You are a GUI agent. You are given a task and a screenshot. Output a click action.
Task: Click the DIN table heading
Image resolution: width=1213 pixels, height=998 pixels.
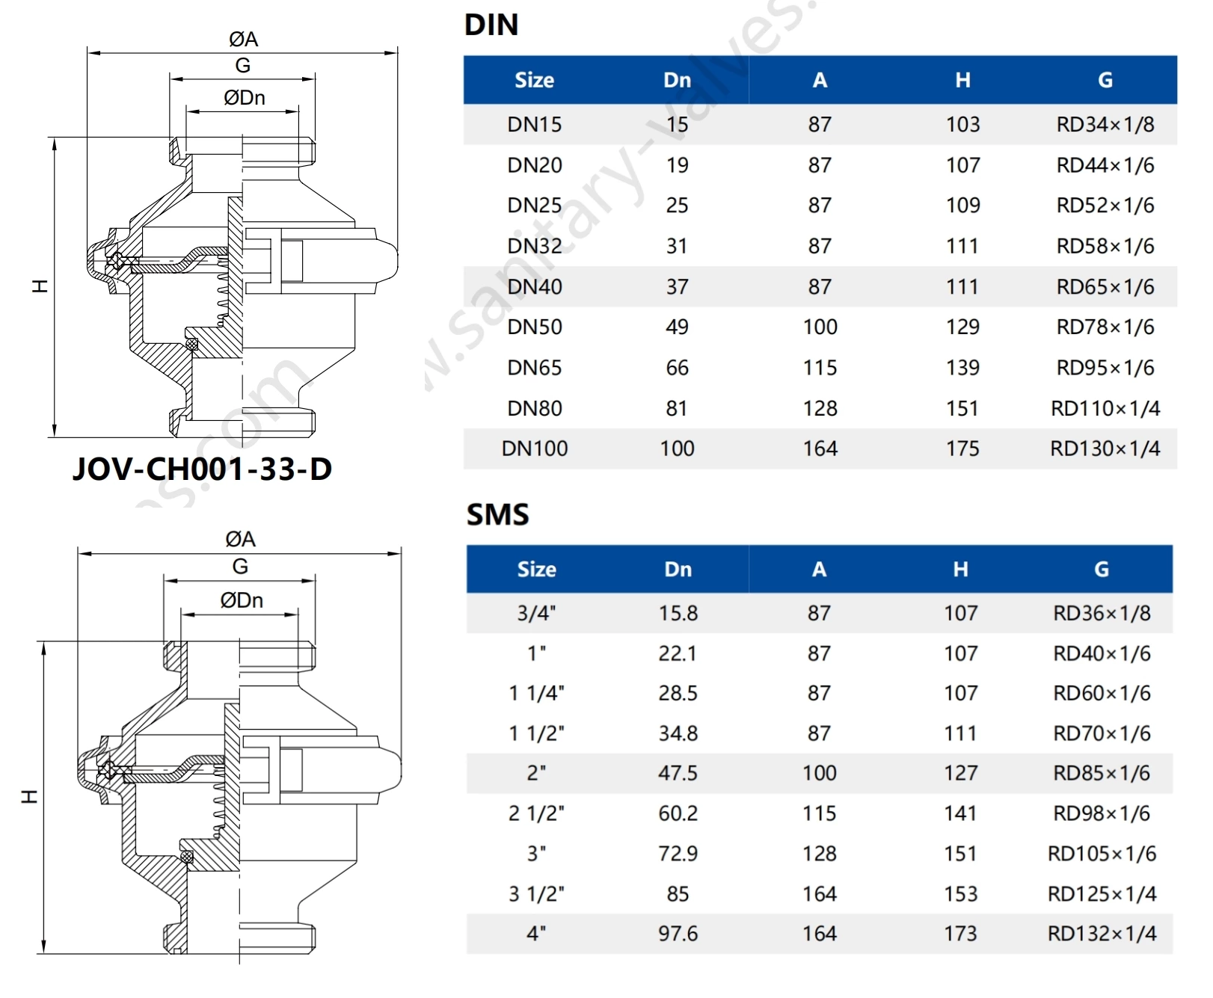491,25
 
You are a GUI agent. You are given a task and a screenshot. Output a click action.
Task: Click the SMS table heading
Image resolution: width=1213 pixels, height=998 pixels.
497,514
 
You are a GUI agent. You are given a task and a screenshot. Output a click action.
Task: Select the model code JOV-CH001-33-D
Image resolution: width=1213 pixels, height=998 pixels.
202,469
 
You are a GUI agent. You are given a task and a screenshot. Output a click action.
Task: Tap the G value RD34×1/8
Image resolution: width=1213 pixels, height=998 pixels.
1105,124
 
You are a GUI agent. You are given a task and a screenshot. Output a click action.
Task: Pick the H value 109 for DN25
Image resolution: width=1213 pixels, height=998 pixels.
962,205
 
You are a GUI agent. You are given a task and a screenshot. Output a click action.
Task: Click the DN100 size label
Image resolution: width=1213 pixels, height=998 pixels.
534,449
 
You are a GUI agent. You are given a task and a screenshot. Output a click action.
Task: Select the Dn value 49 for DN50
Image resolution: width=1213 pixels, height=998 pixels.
677,327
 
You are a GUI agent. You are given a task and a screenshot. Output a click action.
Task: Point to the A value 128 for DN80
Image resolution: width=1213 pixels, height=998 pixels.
820,408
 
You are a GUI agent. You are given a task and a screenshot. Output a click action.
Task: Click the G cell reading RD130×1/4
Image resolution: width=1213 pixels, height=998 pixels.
1105,449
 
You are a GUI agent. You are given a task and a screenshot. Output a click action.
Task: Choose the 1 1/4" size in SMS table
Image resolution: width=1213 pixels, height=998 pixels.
536,693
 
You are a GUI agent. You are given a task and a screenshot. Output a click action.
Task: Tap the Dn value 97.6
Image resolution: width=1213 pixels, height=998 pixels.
678,934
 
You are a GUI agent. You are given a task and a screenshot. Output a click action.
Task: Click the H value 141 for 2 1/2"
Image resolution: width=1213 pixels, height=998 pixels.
960,813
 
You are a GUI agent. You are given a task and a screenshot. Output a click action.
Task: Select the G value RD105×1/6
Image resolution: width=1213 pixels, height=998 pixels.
1101,854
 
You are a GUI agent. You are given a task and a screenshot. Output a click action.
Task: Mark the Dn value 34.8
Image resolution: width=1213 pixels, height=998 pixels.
678,733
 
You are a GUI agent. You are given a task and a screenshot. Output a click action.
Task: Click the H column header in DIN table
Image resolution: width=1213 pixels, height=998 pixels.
962,80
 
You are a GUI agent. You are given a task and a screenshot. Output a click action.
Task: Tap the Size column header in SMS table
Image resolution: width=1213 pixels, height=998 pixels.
536,570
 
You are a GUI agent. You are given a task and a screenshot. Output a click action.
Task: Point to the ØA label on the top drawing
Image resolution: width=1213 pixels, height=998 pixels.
243,39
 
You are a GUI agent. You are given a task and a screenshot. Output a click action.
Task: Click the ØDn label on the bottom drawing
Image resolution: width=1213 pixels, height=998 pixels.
242,600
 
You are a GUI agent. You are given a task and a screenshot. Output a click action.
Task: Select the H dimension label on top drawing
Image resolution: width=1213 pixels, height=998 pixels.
40,286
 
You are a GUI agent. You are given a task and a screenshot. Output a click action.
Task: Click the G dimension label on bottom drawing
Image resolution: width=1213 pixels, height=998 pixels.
240,567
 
